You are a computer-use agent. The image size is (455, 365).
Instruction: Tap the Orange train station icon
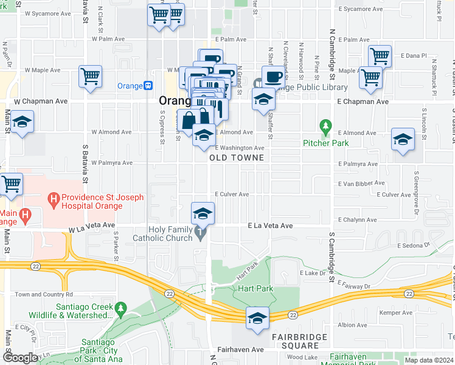(x=148, y=86)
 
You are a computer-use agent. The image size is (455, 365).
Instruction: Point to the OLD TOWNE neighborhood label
(x=237, y=158)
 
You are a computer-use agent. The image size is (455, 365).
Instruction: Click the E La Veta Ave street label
(x=270, y=226)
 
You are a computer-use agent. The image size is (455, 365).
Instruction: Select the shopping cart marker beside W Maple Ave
(x=90, y=77)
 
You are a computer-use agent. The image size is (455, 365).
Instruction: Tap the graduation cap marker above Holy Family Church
(x=203, y=213)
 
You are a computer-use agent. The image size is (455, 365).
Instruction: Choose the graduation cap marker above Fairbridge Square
(x=257, y=318)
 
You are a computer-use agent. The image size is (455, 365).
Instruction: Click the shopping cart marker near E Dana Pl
(x=380, y=56)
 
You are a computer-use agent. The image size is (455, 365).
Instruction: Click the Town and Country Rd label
(x=39, y=294)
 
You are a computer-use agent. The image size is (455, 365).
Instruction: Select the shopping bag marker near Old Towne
(x=189, y=120)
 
